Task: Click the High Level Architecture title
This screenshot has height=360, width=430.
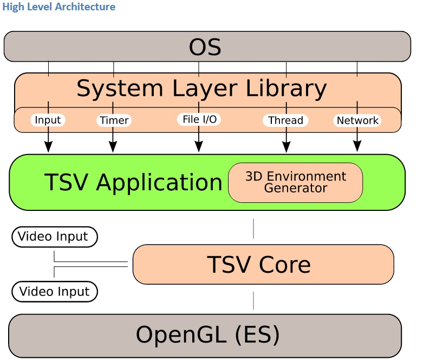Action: pos(58,7)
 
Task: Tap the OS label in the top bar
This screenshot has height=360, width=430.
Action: pos(205,47)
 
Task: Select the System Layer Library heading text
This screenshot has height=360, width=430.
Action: pos(201,89)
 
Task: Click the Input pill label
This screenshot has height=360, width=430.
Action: pos(48,120)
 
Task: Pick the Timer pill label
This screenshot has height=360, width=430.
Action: pos(114,120)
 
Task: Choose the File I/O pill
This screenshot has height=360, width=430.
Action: pos(199,119)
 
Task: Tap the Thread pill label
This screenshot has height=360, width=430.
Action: pos(285,120)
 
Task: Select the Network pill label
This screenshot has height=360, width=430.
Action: pos(357,120)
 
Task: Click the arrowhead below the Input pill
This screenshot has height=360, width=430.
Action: pos(48,146)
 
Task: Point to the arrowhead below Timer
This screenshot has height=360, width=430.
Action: pos(113,146)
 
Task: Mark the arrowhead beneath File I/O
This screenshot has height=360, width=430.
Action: pos(199,146)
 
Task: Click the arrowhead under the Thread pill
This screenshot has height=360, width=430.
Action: pos(286,146)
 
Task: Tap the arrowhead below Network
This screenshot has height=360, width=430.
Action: pos(357,146)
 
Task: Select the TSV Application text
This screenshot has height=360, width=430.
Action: pos(133,183)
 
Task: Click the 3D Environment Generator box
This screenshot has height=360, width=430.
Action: pos(295,183)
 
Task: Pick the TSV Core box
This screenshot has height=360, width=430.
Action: pos(263,264)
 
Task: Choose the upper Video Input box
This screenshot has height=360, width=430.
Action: pos(55,237)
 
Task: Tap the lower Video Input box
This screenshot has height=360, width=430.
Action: pos(55,291)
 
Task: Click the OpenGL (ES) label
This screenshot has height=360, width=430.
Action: pos(207,335)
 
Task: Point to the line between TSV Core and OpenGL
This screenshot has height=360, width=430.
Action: pos(253,301)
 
